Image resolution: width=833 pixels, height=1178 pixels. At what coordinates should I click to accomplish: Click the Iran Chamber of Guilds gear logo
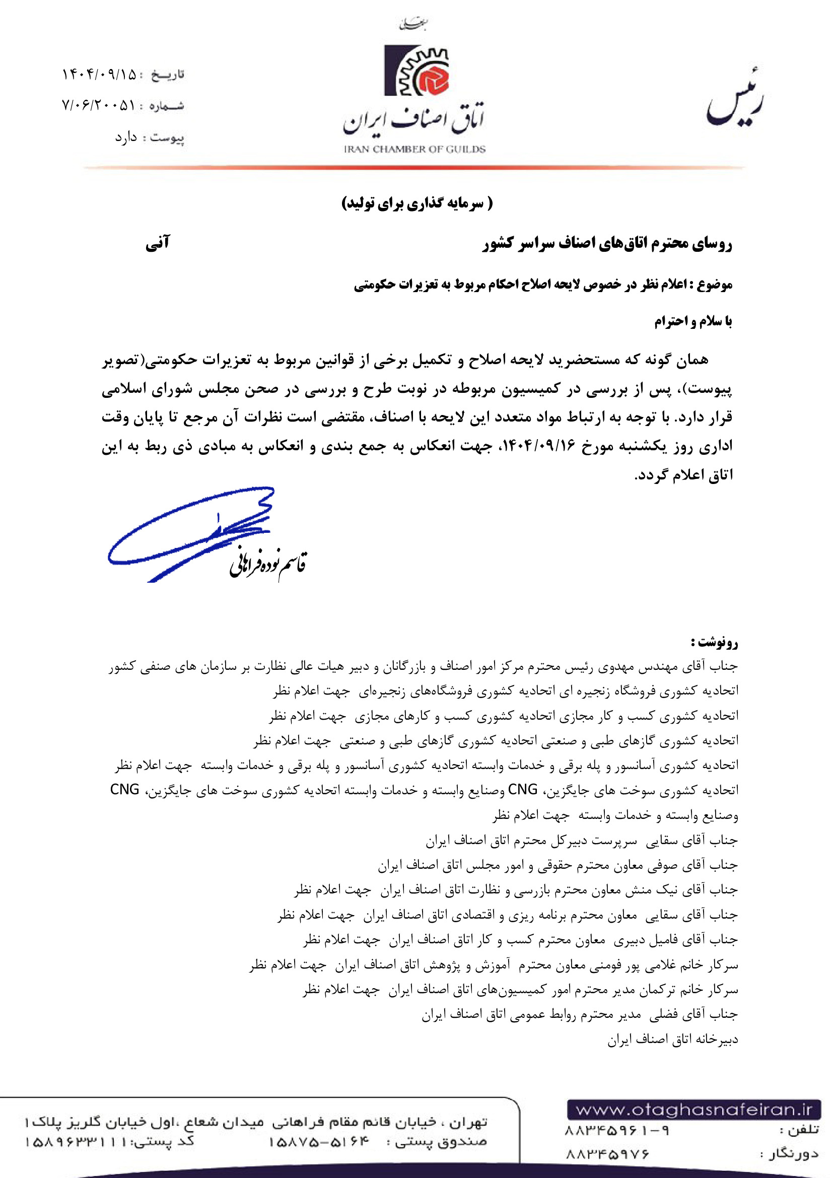[x=416, y=71]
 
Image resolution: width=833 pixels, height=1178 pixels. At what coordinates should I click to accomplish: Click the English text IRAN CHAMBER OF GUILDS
[x=414, y=149]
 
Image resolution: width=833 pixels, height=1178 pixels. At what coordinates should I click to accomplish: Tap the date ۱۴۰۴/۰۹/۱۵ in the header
[x=100, y=75]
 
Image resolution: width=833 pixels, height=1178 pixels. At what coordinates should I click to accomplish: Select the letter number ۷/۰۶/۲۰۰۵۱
[x=99, y=106]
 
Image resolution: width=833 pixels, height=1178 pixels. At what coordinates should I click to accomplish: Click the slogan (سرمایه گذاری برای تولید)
[x=416, y=203]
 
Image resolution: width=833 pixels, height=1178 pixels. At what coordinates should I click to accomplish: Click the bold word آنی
[x=158, y=243]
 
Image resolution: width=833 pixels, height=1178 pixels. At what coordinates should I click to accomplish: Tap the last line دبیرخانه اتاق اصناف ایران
[x=672, y=1039]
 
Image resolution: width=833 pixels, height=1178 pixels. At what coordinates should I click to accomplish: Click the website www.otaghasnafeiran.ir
[x=693, y=1110]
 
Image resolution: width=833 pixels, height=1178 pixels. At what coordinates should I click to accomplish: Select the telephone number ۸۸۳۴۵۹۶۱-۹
[x=617, y=1131]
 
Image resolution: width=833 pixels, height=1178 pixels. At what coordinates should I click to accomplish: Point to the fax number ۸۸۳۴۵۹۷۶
[x=607, y=1154]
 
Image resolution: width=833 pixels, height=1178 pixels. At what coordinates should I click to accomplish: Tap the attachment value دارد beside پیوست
[x=126, y=137]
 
